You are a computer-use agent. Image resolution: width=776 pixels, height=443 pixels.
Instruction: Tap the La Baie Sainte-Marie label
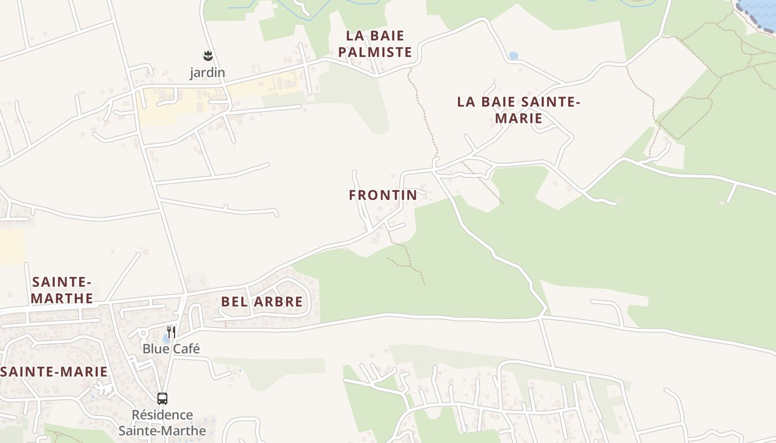pyautogui.click(x=518, y=110)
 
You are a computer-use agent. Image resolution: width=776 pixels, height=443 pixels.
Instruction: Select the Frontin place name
pyautogui.click(x=382, y=195)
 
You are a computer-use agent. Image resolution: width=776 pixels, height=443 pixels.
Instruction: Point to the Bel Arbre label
pyautogui.click(x=262, y=302)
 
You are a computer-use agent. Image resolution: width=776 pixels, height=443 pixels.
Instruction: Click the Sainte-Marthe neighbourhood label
pyautogui.click(x=62, y=290)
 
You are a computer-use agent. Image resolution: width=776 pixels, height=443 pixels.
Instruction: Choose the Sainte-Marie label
pyautogui.click(x=54, y=372)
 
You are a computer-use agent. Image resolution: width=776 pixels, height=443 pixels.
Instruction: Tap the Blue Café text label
pyautogui.click(x=171, y=349)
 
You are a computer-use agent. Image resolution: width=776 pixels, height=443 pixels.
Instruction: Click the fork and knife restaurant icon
pyautogui.click(x=172, y=332)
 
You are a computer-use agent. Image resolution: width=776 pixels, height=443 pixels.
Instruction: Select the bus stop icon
pyautogui.click(x=162, y=398)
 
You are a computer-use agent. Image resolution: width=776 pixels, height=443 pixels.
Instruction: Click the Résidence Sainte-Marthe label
pyautogui.click(x=162, y=423)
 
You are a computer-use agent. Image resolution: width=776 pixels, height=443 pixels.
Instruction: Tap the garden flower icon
pyautogui.click(x=207, y=55)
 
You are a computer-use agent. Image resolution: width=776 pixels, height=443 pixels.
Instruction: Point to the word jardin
pyautogui.click(x=207, y=73)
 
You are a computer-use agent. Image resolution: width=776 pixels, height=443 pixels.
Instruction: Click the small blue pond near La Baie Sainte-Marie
pyautogui.click(x=513, y=55)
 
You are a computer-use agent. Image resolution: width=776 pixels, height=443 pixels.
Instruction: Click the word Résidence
pyautogui.click(x=162, y=415)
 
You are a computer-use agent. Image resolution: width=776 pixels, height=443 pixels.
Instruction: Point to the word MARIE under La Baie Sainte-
pyautogui.click(x=518, y=119)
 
